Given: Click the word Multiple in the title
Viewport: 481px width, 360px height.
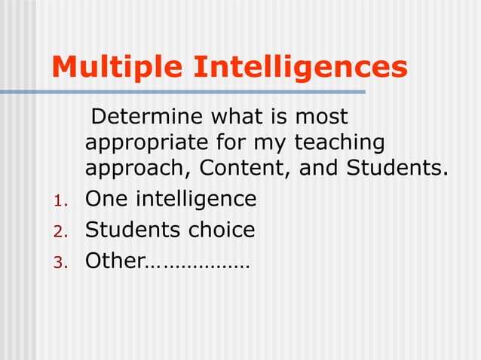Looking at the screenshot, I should [x=118, y=68].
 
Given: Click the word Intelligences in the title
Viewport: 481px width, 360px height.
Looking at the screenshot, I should [x=301, y=68].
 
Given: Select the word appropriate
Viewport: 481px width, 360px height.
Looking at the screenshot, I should [x=140, y=142].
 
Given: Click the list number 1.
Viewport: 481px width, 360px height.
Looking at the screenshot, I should [x=61, y=201].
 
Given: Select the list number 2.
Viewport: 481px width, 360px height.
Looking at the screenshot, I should [x=61, y=231].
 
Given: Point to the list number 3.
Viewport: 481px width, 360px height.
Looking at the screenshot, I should [x=61, y=262].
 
